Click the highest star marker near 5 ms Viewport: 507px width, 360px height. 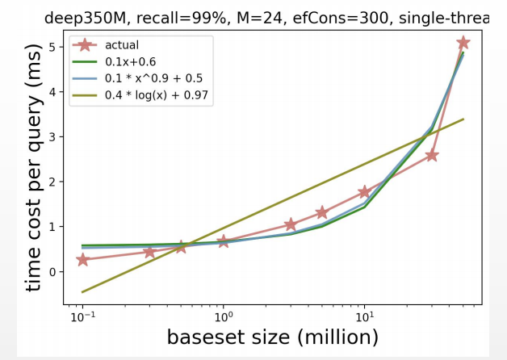point(463,43)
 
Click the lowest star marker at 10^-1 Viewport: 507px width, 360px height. point(82,260)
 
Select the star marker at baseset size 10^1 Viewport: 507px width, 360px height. point(364,192)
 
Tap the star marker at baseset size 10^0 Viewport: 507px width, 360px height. point(224,241)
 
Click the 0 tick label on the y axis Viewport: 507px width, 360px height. point(52,272)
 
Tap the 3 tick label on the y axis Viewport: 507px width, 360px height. point(52,137)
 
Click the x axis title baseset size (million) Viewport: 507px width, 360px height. point(272,337)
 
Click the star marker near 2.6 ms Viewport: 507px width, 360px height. point(431,155)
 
